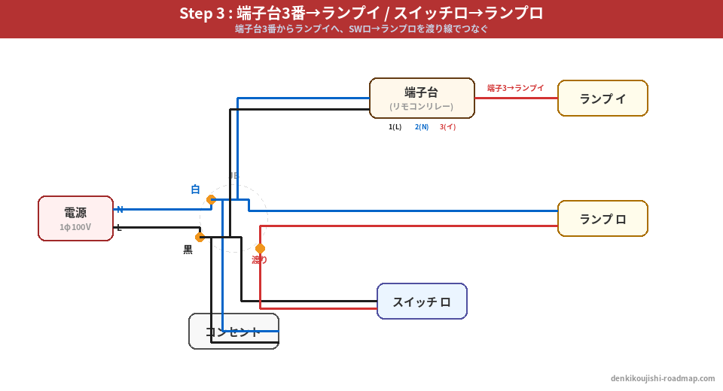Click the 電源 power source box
click(x=75, y=218)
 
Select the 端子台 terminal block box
click(x=422, y=98)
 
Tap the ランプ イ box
click(x=602, y=99)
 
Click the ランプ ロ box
click(x=602, y=219)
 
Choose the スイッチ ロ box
click(x=422, y=302)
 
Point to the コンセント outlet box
click(x=233, y=332)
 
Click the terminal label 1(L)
click(x=395, y=127)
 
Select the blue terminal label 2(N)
click(x=422, y=127)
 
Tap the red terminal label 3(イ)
click(x=448, y=127)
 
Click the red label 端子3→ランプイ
click(x=515, y=88)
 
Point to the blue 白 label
click(x=195, y=189)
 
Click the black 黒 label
click(x=188, y=250)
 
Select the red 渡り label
click(x=260, y=260)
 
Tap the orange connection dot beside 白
click(x=211, y=199)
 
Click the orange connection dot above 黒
click(x=200, y=237)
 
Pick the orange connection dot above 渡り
click(x=260, y=248)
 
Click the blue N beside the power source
click(x=120, y=209)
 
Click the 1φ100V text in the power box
click(x=75, y=227)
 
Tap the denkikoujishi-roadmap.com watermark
click(x=663, y=378)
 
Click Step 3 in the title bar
click(x=203, y=14)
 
